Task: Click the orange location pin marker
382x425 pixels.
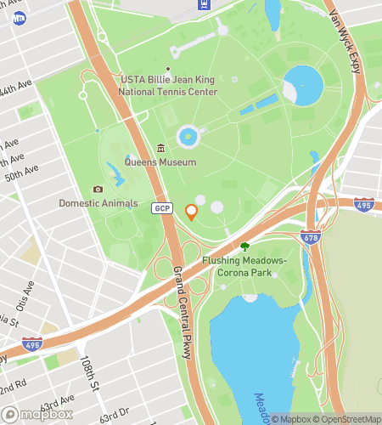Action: click(x=191, y=212)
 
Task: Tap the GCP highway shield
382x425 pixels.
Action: click(x=162, y=208)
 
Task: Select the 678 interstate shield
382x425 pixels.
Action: click(x=310, y=239)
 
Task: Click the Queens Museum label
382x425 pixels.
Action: click(x=160, y=161)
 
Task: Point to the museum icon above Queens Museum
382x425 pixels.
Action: click(x=160, y=149)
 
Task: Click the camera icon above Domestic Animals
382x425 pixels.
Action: click(x=98, y=190)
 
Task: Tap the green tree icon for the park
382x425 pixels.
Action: click(x=244, y=246)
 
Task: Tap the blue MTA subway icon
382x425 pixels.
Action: click(x=19, y=18)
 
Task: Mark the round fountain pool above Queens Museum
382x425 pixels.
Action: click(x=188, y=136)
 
